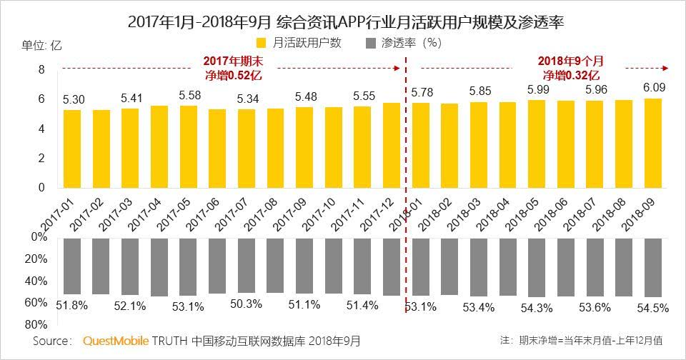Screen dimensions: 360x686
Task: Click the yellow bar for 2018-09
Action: click(653, 143)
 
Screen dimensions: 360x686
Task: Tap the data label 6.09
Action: click(653, 88)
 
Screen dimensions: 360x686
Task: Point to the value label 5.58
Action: click(189, 94)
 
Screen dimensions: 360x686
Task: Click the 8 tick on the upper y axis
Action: click(41, 69)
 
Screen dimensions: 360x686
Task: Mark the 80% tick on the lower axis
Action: click(38, 324)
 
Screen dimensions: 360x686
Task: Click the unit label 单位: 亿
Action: click(41, 44)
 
